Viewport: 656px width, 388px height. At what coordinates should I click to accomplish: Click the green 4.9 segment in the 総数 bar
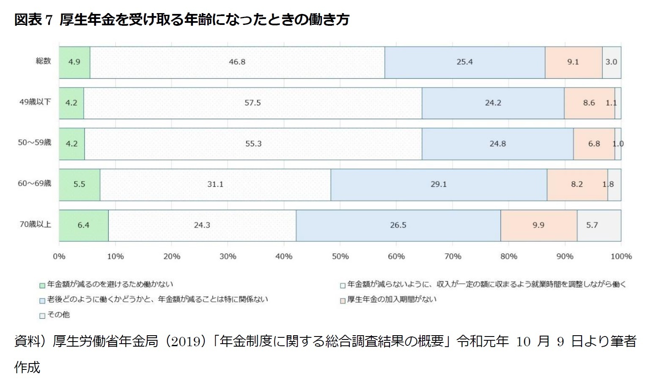(x=74, y=62)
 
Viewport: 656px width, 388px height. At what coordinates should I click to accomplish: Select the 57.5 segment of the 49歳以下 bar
(x=253, y=103)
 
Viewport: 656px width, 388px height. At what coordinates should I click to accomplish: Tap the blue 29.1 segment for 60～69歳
(x=439, y=185)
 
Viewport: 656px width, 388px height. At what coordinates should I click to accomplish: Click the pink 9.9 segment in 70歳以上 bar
(x=538, y=225)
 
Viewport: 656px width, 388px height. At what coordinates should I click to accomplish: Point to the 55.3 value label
(x=253, y=144)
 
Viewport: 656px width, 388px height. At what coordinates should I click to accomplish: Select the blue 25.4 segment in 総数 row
(x=464, y=62)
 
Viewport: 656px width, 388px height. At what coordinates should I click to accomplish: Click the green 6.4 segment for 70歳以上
(x=83, y=225)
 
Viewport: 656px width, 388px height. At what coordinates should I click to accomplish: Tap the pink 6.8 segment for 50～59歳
(x=594, y=144)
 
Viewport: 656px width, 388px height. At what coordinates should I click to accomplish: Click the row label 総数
(x=43, y=61)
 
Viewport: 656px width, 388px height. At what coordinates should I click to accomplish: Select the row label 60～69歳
(x=34, y=184)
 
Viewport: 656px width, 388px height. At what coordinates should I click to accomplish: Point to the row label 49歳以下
(x=35, y=102)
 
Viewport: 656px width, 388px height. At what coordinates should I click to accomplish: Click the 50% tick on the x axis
(x=340, y=256)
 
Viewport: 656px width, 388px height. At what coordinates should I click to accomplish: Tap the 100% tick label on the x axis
(x=620, y=256)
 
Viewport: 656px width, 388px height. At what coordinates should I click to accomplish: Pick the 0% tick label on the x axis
(x=59, y=256)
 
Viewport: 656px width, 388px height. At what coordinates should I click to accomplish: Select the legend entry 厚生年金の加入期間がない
(x=391, y=300)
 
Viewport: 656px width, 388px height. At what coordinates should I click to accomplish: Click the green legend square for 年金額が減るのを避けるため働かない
(x=42, y=285)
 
